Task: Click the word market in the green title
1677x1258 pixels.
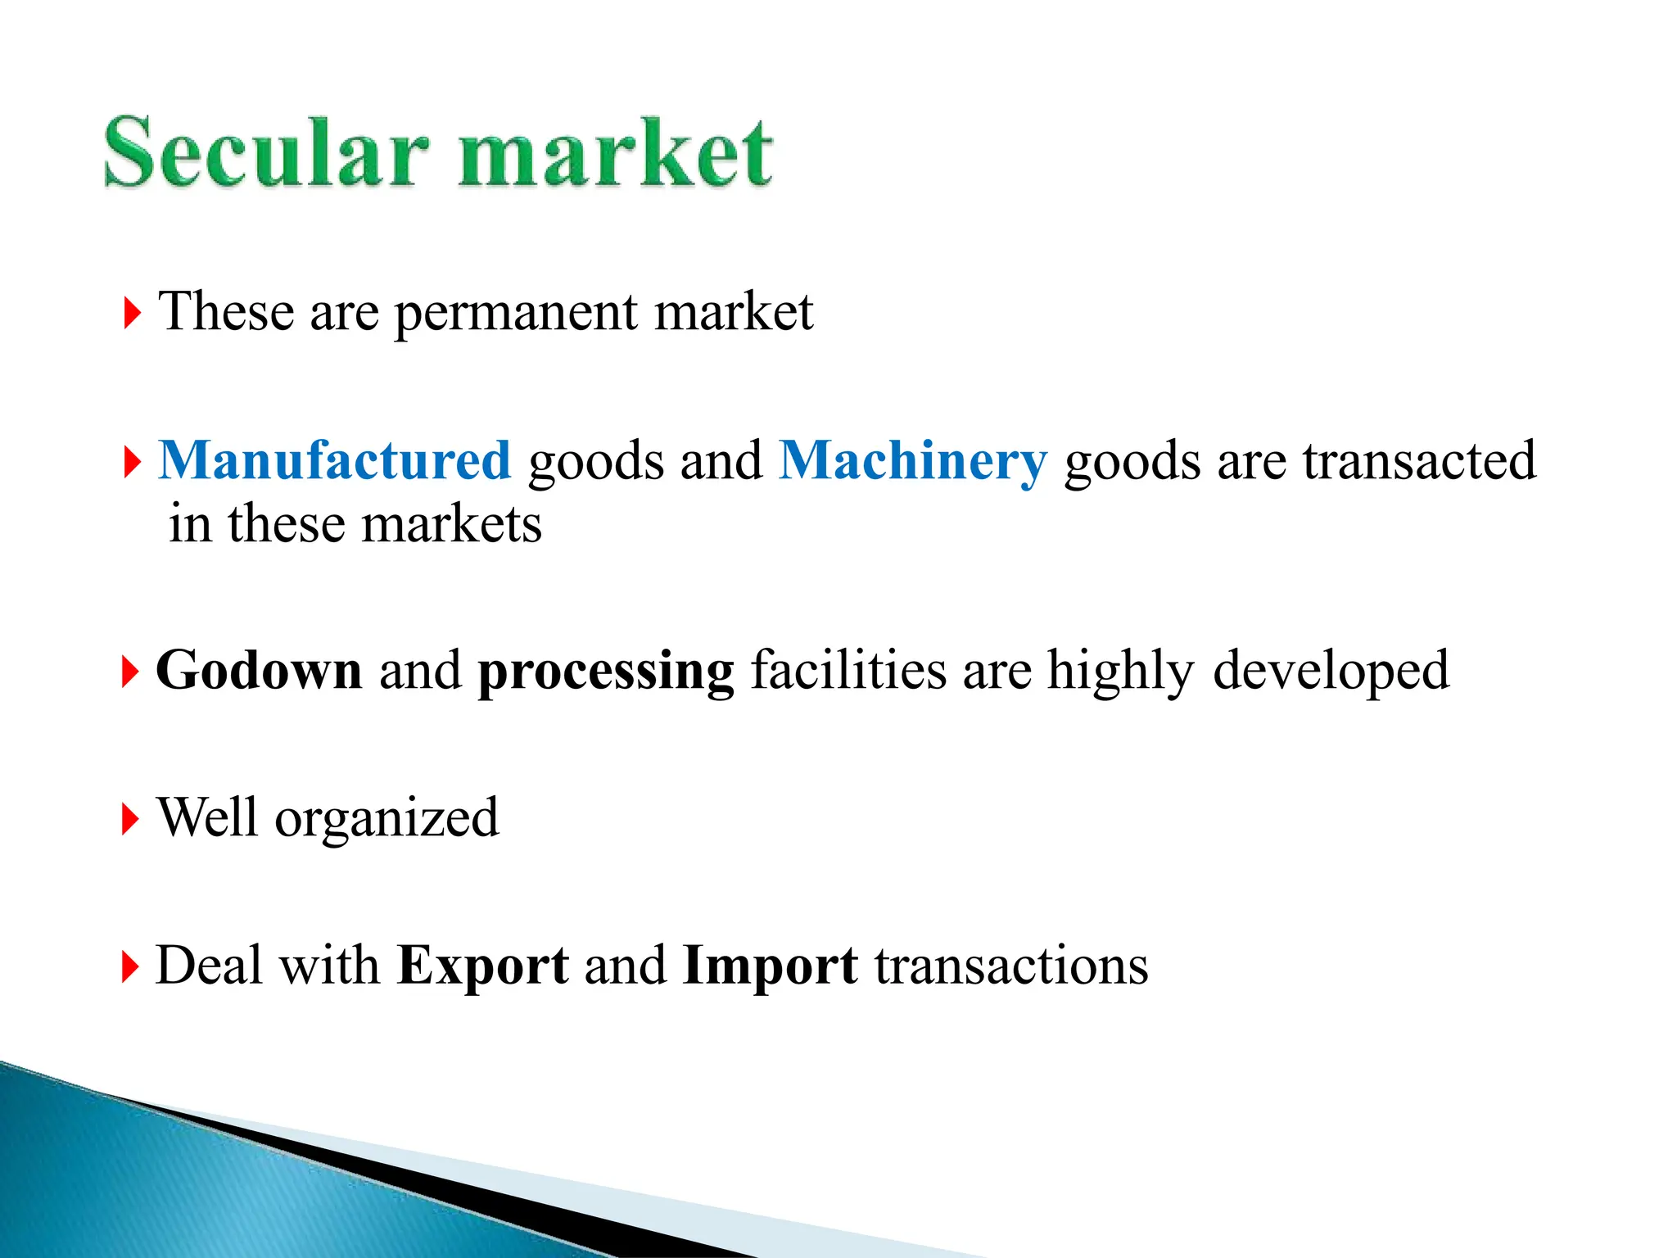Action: [614, 154]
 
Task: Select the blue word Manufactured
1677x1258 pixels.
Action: [334, 460]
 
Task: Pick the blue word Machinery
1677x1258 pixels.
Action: [912, 462]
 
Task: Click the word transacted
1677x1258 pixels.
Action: [1419, 460]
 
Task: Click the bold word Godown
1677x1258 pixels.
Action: [259, 671]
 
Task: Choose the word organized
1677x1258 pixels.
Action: [386, 819]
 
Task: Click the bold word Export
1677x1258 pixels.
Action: [482, 966]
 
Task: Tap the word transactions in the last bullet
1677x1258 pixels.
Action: [1011, 966]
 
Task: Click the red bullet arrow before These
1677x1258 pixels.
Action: [132, 314]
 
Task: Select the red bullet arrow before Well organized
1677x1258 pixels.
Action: [130, 819]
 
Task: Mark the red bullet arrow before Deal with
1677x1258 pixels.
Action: [130, 966]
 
